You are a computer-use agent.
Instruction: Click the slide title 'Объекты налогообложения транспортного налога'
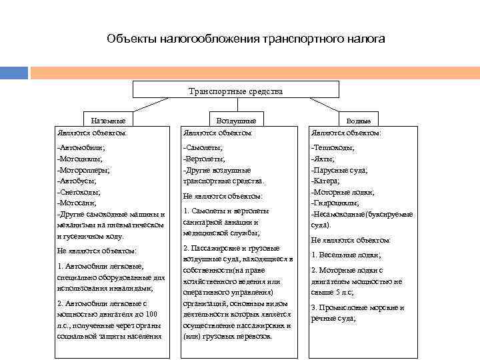[245, 39]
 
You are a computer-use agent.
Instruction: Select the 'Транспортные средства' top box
[236, 90]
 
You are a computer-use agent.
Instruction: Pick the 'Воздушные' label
[237, 121]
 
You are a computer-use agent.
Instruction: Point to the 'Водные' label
[359, 121]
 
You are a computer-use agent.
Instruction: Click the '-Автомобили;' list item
[81, 147]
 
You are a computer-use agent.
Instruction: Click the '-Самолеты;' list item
[203, 147]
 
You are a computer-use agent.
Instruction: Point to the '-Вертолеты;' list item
[205, 159]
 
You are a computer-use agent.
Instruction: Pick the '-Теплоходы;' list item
[333, 147]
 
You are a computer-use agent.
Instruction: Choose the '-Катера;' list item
[327, 181]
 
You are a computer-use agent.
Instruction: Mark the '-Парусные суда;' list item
[339, 170]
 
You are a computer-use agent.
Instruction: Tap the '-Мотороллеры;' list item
[85, 169]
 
